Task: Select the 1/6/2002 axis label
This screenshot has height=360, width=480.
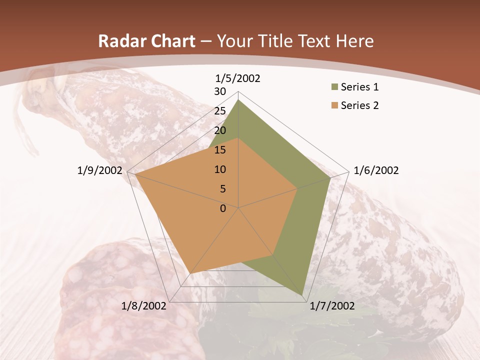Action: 376,170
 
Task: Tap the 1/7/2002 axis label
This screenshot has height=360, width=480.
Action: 332,306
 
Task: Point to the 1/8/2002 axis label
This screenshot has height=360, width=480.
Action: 144,306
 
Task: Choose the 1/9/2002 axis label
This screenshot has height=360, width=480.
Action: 100,170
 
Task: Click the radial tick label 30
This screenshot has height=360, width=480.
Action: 220,91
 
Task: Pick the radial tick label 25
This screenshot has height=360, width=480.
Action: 220,111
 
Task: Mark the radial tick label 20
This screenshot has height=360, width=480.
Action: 220,130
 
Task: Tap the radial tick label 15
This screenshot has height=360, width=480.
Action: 220,150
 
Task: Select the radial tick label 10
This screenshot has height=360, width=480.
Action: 220,169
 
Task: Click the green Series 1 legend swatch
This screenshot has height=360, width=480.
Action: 333,87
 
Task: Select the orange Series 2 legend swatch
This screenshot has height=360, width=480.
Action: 333,105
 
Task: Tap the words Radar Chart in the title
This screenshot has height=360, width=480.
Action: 146,41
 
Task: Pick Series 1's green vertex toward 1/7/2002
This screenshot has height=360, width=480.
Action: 302,295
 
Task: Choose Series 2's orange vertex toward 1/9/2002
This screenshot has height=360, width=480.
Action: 135,174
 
